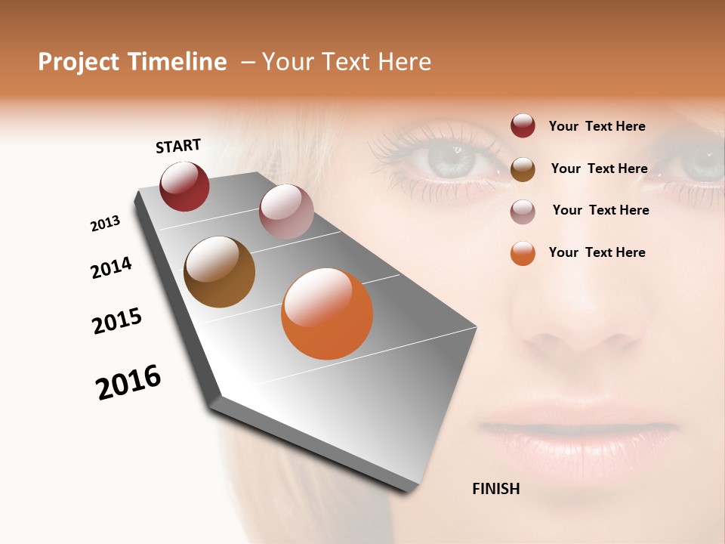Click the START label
[178, 146]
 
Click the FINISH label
[495, 489]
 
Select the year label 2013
[105, 224]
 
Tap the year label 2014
[111, 268]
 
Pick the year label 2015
[117, 321]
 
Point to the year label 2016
[128, 382]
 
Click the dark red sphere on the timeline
[184, 186]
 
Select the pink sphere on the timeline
[286, 212]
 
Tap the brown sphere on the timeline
[219, 272]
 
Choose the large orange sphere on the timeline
[327, 314]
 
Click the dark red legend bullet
[523, 126]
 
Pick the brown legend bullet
[523, 168]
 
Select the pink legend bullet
[523, 211]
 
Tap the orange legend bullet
[523, 253]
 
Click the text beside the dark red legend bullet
[597, 126]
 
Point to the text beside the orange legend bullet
[597, 252]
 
